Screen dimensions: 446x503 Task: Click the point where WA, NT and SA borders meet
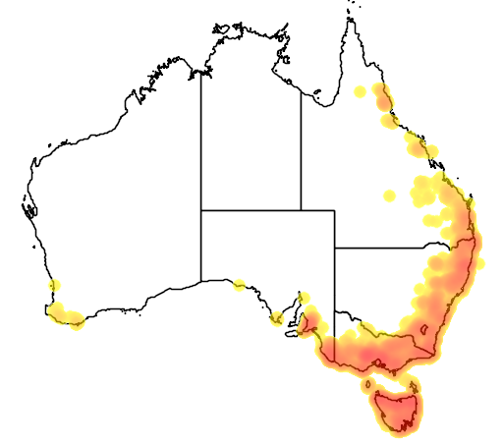tap(201, 209)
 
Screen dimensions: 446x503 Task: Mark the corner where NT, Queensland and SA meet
tap(301, 209)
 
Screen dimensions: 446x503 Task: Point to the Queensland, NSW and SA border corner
tap(334, 247)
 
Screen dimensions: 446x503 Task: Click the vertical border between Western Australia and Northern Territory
tap(201, 138)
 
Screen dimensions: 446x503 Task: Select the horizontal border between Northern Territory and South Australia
tap(251, 209)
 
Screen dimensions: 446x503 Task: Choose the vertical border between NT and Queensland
tap(301, 147)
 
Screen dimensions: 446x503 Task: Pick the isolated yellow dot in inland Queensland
tap(389, 195)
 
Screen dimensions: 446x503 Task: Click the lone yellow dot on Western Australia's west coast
tap(54, 286)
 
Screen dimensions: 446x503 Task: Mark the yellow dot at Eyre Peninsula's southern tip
tap(277, 318)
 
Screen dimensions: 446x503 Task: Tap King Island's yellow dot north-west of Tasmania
tap(362, 372)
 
